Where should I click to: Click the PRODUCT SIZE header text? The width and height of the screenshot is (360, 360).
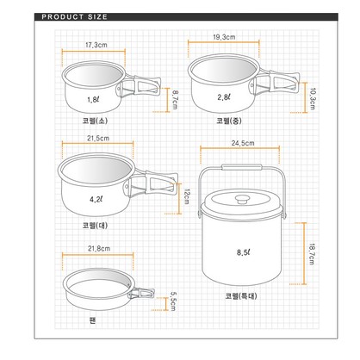[x=74, y=17]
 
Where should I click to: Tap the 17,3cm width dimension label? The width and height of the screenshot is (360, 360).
[x=96, y=45]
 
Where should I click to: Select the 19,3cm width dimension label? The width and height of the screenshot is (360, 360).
[x=224, y=37]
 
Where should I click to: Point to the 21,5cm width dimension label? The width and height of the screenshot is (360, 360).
[x=98, y=138]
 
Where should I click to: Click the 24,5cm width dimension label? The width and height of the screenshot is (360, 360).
[x=243, y=143]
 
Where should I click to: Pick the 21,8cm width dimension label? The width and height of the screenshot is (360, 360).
[x=99, y=248]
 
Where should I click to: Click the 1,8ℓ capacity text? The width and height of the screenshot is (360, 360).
[x=93, y=100]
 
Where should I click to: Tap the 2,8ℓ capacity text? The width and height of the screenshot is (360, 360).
[x=224, y=97]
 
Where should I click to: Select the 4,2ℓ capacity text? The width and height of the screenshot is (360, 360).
[x=96, y=199]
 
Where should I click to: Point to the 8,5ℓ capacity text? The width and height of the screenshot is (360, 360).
[x=244, y=252]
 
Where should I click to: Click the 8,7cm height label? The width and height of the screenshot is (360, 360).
[x=175, y=100]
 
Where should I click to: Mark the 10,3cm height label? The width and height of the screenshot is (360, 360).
[x=313, y=99]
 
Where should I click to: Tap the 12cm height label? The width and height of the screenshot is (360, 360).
[x=186, y=196]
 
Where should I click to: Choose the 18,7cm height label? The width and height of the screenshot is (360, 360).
[x=312, y=254]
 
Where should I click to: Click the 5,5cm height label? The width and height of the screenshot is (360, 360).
[x=173, y=301]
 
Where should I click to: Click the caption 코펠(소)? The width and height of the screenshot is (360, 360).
[x=95, y=121]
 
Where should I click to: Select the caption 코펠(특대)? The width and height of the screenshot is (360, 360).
[x=241, y=295]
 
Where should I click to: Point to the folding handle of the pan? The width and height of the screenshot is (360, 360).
[x=141, y=294]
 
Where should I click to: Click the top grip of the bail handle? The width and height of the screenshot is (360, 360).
[x=242, y=167]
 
